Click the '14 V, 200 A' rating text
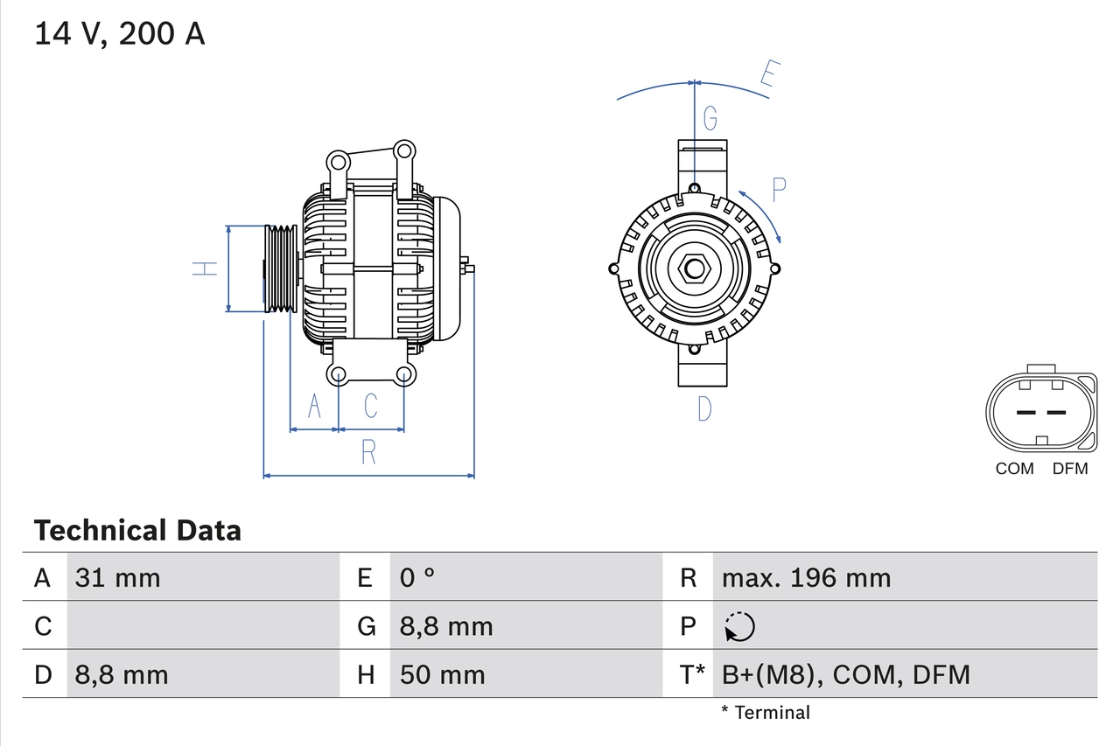point(119,34)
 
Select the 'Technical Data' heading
point(137,531)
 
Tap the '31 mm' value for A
point(118,577)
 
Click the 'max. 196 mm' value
point(806,577)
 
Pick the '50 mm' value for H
point(442,674)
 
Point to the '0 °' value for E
point(417,577)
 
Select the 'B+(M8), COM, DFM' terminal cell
point(845,674)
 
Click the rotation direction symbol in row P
point(739,626)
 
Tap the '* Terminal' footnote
point(766,713)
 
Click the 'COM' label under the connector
point(1014,469)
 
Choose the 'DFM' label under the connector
point(1069,469)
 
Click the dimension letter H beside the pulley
point(205,268)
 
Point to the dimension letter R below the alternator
point(368,452)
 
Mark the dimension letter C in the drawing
point(371,406)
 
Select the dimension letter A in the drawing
point(314,406)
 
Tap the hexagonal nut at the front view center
point(693,268)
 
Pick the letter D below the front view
point(704,408)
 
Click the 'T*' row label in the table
point(692,674)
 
